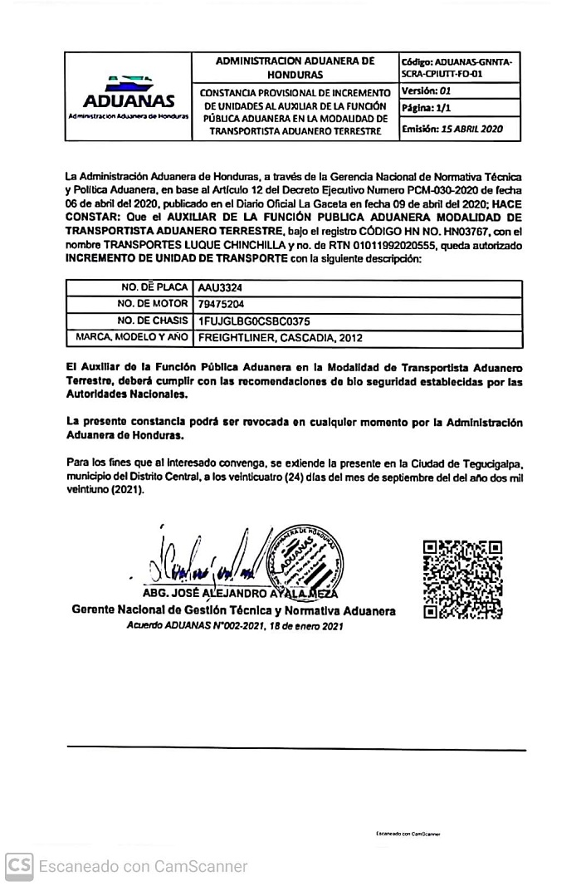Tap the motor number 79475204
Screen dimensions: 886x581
[221, 304]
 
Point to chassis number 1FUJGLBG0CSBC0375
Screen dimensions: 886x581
[254, 321]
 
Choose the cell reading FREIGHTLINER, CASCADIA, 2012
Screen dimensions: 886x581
[280, 338]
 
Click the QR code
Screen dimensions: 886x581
[461, 579]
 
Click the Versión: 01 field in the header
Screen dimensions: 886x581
[427, 91]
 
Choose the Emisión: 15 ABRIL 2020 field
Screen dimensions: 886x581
[452, 129]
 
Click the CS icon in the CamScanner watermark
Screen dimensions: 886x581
[19, 866]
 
